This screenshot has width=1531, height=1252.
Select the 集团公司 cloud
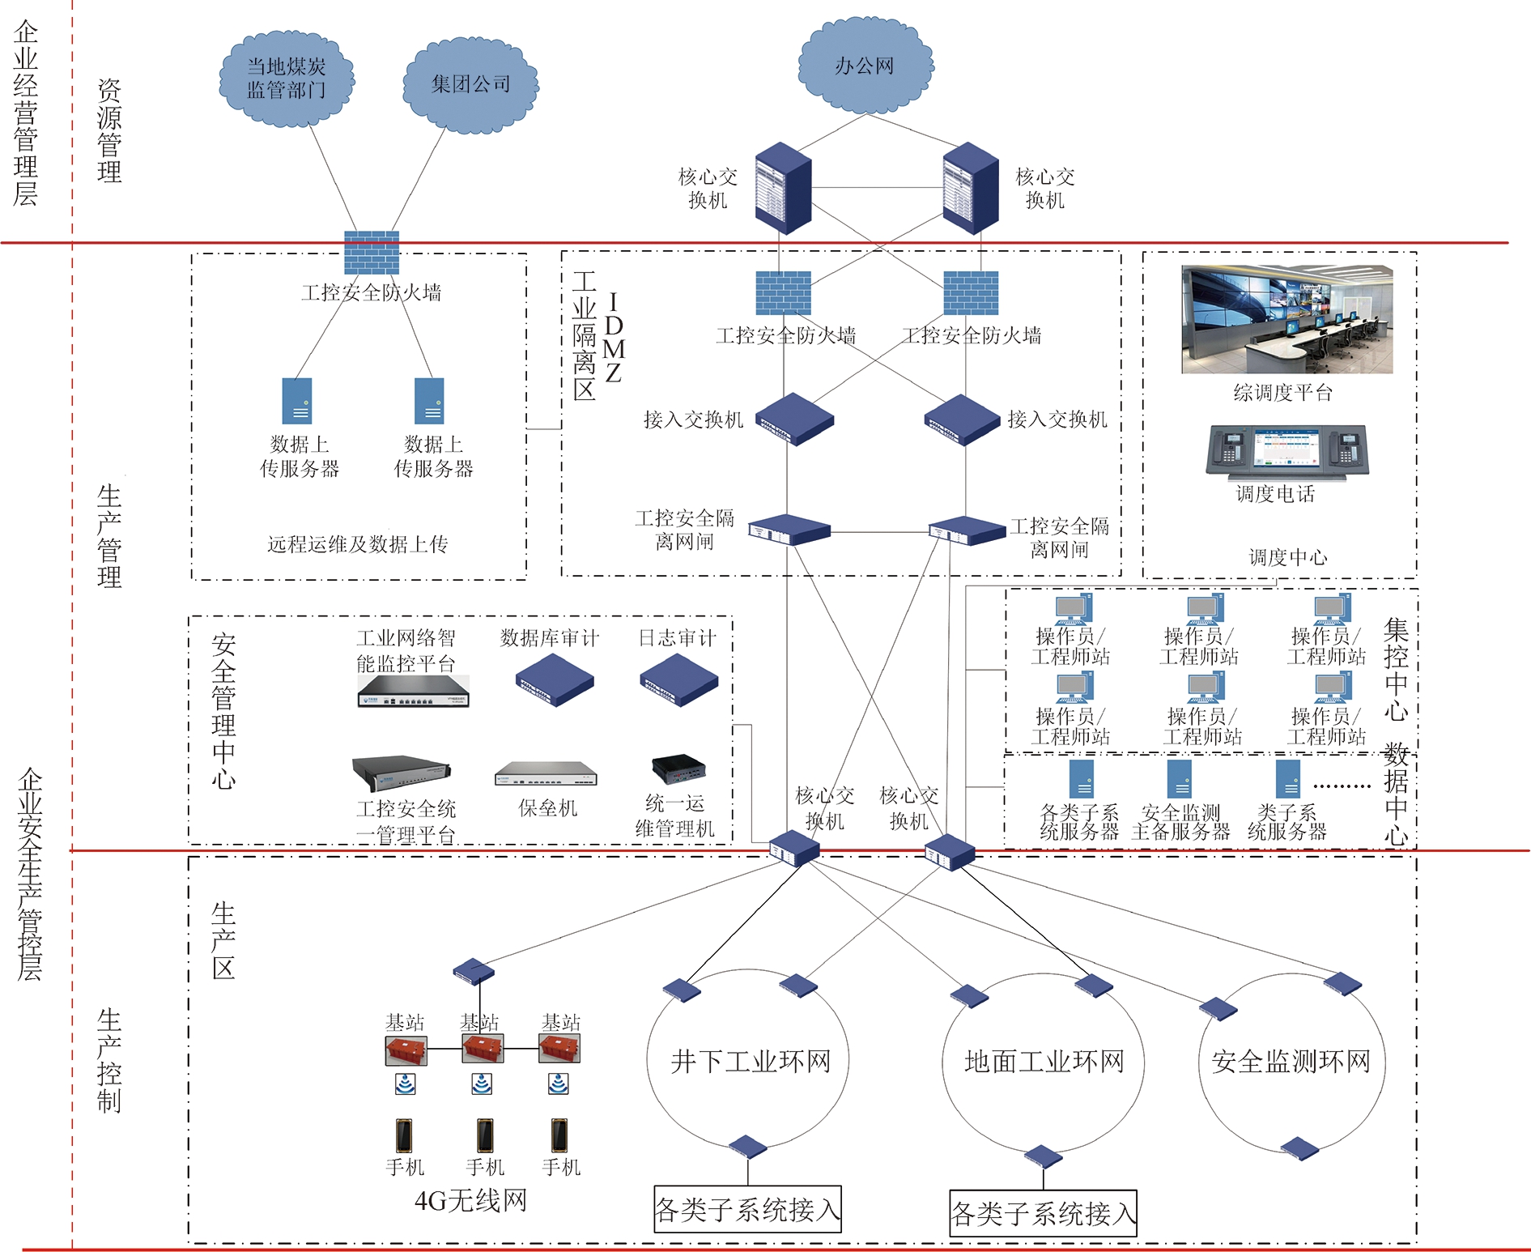point(470,84)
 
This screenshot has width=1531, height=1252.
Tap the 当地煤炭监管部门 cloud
point(286,79)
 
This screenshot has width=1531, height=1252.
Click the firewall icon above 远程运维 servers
point(372,252)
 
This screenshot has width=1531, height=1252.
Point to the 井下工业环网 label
point(751,1061)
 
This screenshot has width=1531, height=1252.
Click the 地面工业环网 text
point(1044,1061)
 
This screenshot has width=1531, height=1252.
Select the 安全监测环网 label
point(1291,1061)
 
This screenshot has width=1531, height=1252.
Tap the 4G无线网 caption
point(470,1200)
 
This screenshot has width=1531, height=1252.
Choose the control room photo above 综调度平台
point(1286,319)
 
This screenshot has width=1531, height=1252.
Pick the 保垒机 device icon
point(546,773)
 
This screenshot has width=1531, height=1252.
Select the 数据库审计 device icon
point(555,679)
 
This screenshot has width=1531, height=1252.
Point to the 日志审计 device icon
point(678,679)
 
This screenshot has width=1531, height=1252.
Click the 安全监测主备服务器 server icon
point(1179,778)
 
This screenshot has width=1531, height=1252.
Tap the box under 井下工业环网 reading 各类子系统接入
point(747,1209)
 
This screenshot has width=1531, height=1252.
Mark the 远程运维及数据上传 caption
point(357,544)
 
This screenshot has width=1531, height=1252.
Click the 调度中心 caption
point(1287,557)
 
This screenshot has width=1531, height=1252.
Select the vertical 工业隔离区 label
point(584,335)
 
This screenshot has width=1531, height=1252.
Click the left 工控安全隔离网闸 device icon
point(788,530)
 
